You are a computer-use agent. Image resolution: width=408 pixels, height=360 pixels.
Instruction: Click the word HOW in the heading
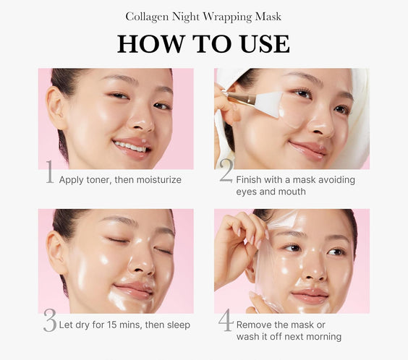(x=147, y=43)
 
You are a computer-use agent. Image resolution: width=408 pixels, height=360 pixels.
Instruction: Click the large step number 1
(x=49, y=173)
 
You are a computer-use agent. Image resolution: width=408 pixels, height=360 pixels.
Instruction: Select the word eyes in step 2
(x=247, y=192)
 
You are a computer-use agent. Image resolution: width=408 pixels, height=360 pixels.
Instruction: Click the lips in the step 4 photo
(x=310, y=296)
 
